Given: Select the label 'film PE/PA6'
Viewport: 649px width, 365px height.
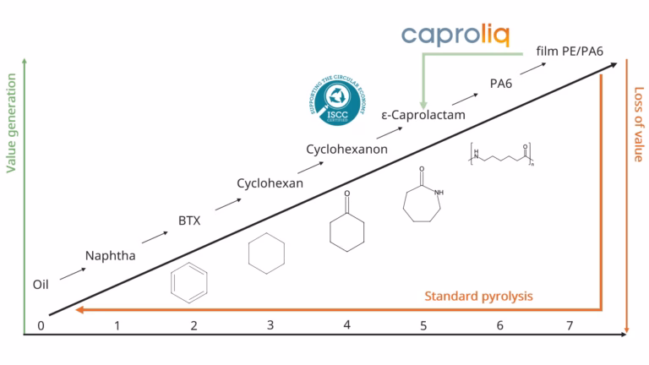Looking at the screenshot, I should (574, 52).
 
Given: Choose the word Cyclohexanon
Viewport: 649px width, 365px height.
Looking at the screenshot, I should (346, 149).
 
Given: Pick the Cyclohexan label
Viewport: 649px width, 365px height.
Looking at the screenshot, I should (270, 183).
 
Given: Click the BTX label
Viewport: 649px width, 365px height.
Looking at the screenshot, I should (189, 221).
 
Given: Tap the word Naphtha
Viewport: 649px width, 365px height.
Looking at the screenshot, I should (110, 254).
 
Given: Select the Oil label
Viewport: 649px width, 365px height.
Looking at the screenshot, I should (41, 285).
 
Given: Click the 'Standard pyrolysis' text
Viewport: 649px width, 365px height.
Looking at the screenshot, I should (479, 296).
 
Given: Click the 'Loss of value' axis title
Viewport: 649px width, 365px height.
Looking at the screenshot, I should (638, 124).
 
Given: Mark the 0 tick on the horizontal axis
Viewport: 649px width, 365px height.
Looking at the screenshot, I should (41, 325).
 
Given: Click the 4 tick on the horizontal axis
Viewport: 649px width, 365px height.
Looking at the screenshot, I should (346, 325).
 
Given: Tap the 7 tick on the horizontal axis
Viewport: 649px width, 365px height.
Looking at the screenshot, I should (570, 325).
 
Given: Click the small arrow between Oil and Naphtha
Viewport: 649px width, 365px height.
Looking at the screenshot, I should (72, 270).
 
